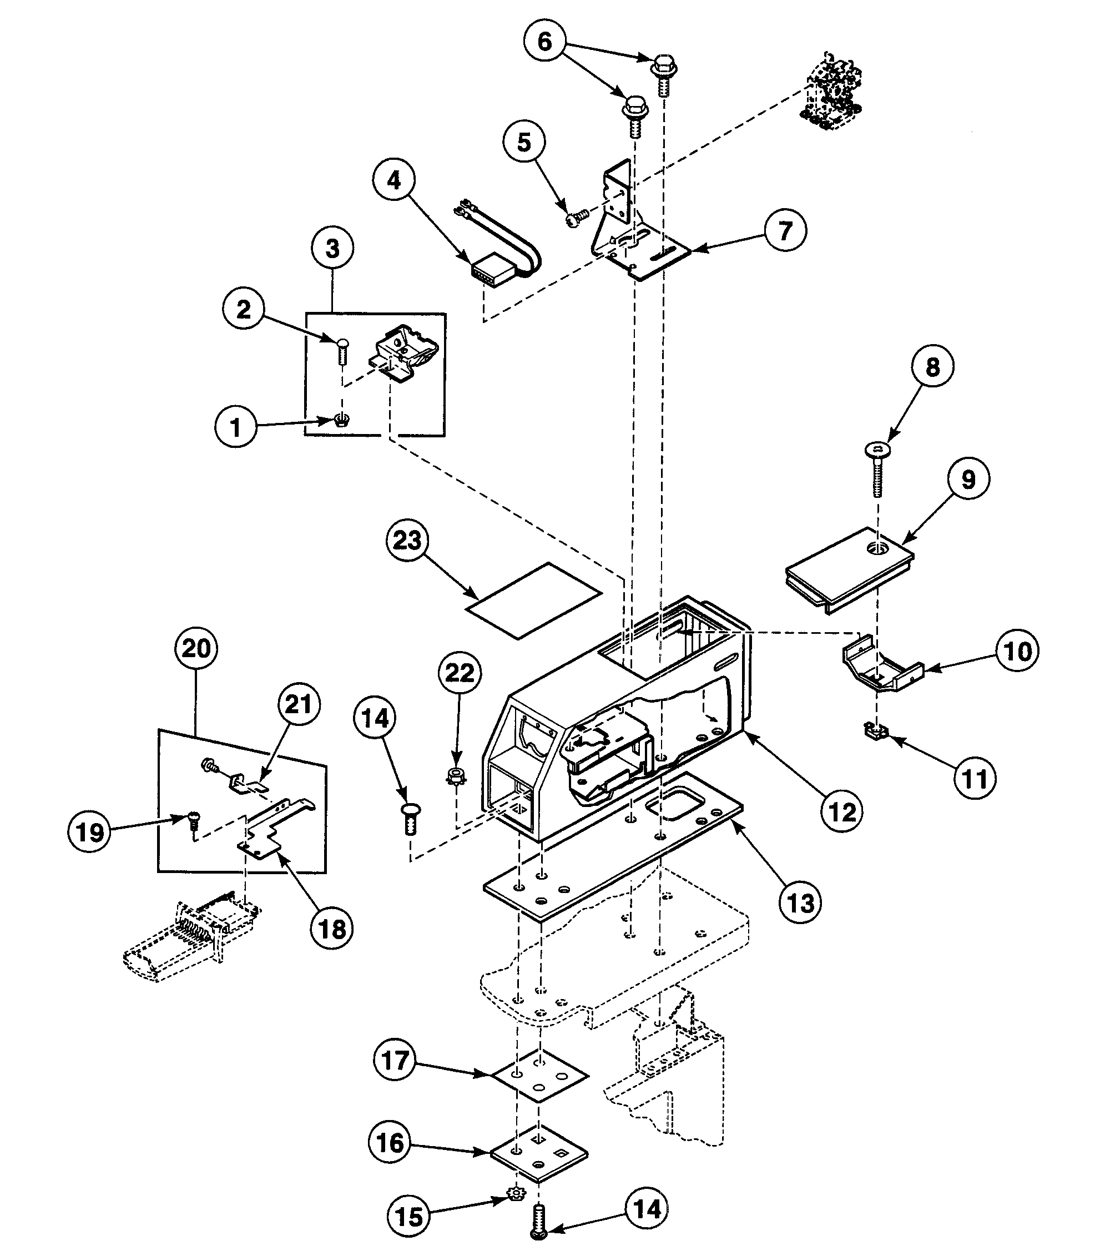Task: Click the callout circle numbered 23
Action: tap(407, 540)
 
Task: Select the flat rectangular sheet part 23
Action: tap(533, 601)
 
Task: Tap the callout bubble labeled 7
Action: tap(785, 230)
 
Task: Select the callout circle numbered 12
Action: tap(842, 811)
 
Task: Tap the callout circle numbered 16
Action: tap(390, 1142)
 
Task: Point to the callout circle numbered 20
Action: tap(195, 648)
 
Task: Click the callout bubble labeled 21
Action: tap(298, 704)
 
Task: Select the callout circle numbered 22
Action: tap(460, 673)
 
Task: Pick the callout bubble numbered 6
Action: tap(544, 42)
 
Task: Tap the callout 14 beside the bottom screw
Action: tap(647, 1209)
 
